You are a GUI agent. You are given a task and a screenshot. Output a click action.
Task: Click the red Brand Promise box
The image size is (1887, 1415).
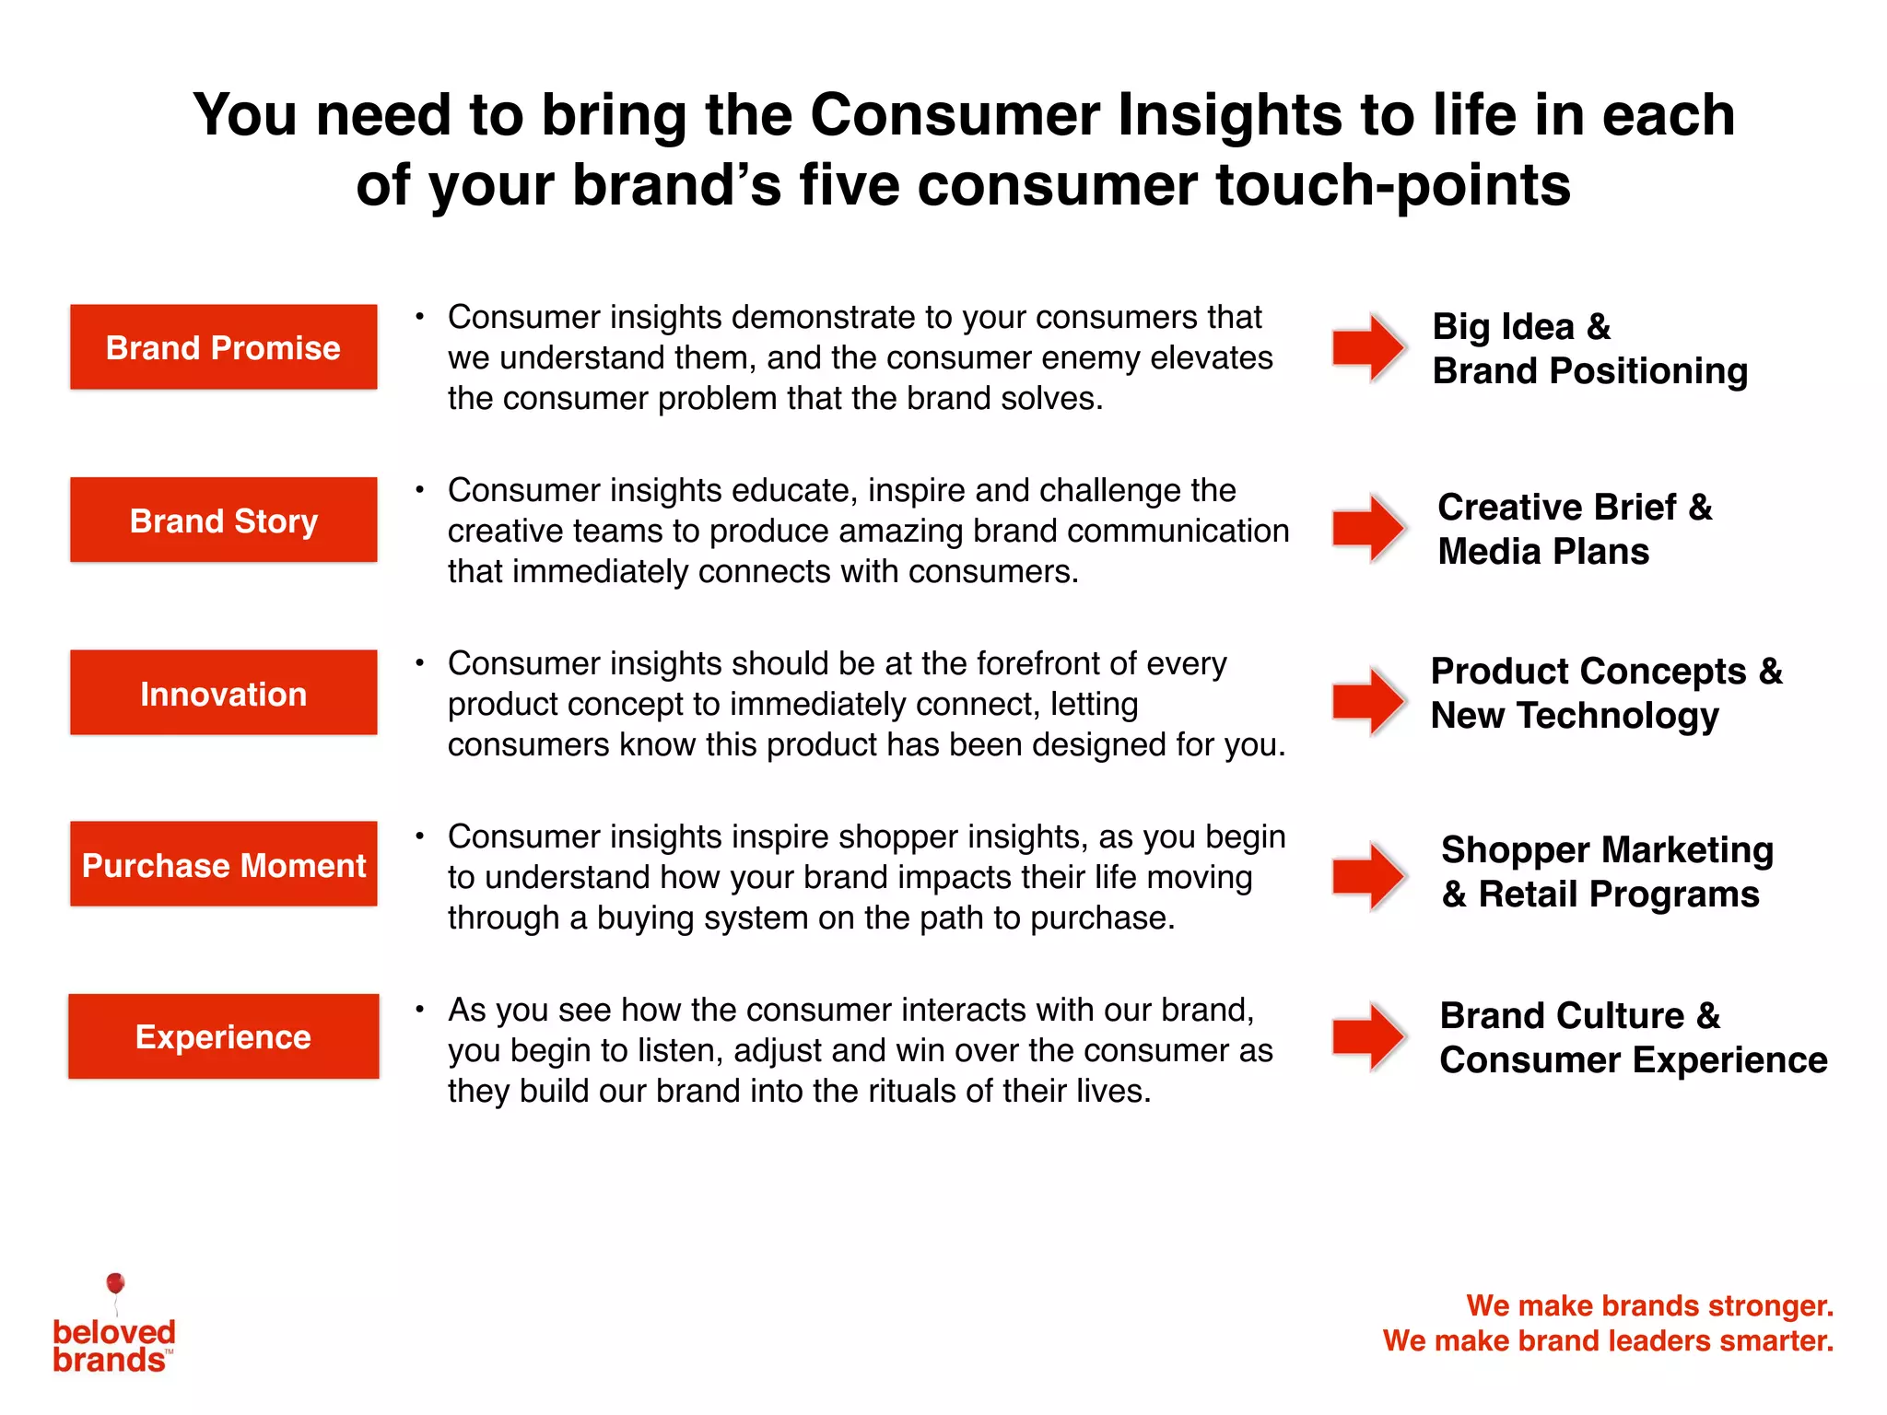[x=223, y=347]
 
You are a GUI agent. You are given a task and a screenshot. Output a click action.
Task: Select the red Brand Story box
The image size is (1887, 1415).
[x=223, y=520]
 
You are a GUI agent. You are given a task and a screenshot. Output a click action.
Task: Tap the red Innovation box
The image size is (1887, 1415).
[x=223, y=693]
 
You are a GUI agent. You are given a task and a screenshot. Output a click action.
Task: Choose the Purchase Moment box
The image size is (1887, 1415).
[x=223, y=864]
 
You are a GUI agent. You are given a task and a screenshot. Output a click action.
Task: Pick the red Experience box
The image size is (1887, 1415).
[x=223, y=1036]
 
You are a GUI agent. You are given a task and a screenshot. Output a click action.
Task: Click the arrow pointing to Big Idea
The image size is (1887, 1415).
[x=1368, y=347]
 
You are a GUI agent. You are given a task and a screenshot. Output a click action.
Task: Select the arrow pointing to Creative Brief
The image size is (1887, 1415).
[x=1368, y=528]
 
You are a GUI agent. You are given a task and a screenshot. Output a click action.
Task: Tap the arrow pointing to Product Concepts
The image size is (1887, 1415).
[x=1368, y=701]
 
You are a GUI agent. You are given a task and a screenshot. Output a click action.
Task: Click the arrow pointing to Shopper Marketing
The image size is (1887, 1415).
[x=1368, y=874]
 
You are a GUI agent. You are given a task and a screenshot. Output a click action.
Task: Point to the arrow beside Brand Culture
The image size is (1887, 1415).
[x=1368, y=1036]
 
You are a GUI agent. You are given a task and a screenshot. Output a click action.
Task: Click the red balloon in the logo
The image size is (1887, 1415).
[x=115, y=1283]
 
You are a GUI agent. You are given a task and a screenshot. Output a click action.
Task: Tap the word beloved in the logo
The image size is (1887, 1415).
[x=114, y=1332]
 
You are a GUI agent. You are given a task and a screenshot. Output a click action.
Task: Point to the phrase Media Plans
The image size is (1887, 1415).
[x=1543, y=552]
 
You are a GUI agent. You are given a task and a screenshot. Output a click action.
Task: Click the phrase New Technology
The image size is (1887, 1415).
[x=1575, y=716]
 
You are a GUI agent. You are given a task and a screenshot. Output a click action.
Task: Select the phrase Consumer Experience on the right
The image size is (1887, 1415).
[x=1633, y=1060]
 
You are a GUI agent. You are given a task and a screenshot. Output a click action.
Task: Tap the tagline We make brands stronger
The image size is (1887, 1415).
[x=1649, y=1305]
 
